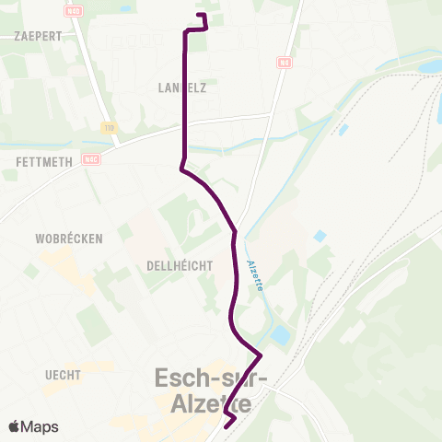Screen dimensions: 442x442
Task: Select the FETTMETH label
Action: (x=43, y=160)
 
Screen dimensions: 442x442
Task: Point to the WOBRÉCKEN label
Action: (x=68, y=238)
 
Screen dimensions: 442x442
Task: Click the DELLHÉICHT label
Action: (x=180, y=265)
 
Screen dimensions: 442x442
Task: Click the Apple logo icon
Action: (x=15, y=426)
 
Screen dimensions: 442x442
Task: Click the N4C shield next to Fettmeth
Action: (x=89, y=157)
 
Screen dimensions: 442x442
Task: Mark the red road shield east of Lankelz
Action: (x=284, y=64)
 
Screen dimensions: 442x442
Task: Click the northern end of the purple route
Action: (x=201, y=16)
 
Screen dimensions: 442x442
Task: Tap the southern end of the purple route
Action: (x=227, y=425)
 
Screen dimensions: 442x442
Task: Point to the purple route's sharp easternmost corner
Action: (x=262, y=355)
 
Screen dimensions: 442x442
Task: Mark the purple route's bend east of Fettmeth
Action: (x=182, y=169)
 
